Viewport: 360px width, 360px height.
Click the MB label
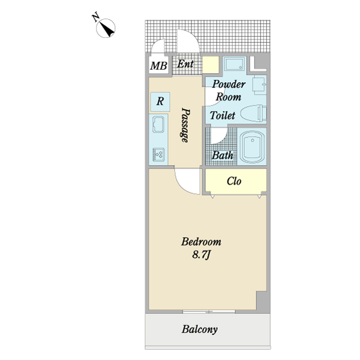click(158, 66)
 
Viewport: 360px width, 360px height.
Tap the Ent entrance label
click(185, 64)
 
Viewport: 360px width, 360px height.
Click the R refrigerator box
click(160, 102)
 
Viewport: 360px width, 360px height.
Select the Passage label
click(185, 125)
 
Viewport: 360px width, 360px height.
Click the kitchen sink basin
click(158, 124)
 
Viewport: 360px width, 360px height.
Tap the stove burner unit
click(158, 154)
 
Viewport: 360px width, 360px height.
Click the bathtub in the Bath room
click(252, 146)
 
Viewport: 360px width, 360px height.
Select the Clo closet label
click(234, 181)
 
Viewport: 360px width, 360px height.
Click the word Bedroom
click(202, 242)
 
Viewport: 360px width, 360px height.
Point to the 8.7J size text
click(201, 255)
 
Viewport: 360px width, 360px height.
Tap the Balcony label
click(200, 329)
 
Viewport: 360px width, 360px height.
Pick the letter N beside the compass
click(95, 17)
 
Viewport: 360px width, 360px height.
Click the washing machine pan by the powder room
click(234, 64)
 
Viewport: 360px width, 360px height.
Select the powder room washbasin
click(259, 86)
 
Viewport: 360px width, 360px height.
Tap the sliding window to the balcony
click(209, 311)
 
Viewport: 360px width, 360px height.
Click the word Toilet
click(223, 115)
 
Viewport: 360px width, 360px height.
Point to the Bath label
click(223, 155)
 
